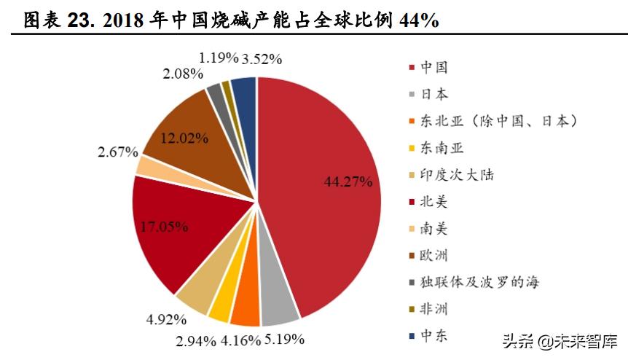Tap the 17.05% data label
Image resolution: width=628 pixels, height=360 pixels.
pos(165,227)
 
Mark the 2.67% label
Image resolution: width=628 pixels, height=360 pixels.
pos(117,152)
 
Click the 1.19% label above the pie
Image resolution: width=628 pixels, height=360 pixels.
pos(219,57)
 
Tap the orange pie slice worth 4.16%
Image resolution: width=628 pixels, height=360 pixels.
pos(246,309)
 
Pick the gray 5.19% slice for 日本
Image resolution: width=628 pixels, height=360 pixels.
pos(278,310)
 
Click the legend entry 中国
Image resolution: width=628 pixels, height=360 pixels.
pos(434,67)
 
